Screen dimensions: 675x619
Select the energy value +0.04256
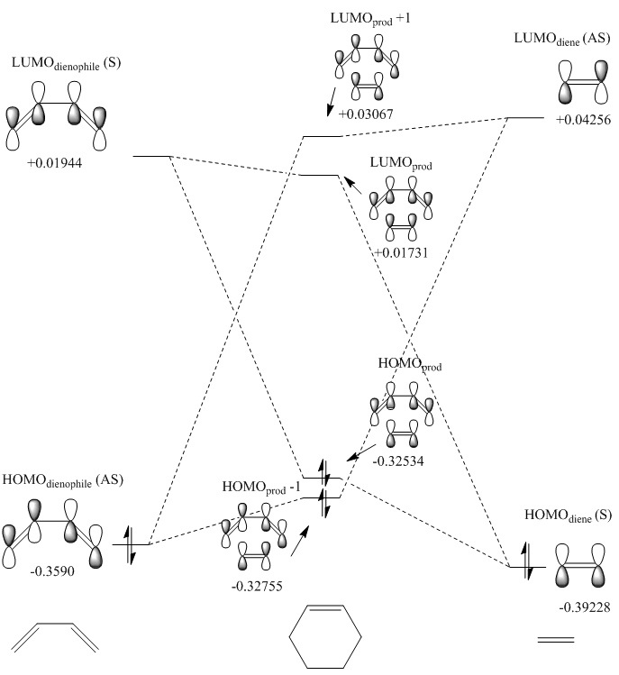coord(577,121)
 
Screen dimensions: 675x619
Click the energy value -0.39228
coord(571,607)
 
